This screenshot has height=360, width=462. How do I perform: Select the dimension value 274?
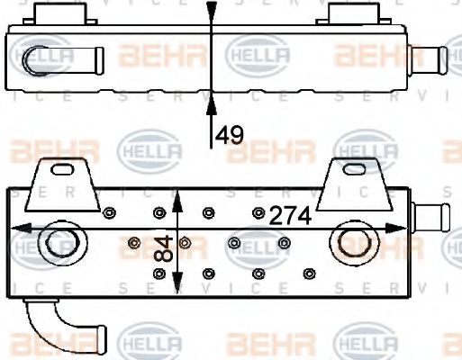[289, 216]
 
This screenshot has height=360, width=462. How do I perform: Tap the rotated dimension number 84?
[164, 249]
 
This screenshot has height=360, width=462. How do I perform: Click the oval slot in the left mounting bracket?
[65, 168]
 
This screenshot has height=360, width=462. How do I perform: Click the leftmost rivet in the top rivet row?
[109, 213]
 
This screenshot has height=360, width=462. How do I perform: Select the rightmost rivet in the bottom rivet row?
[310, 272]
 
